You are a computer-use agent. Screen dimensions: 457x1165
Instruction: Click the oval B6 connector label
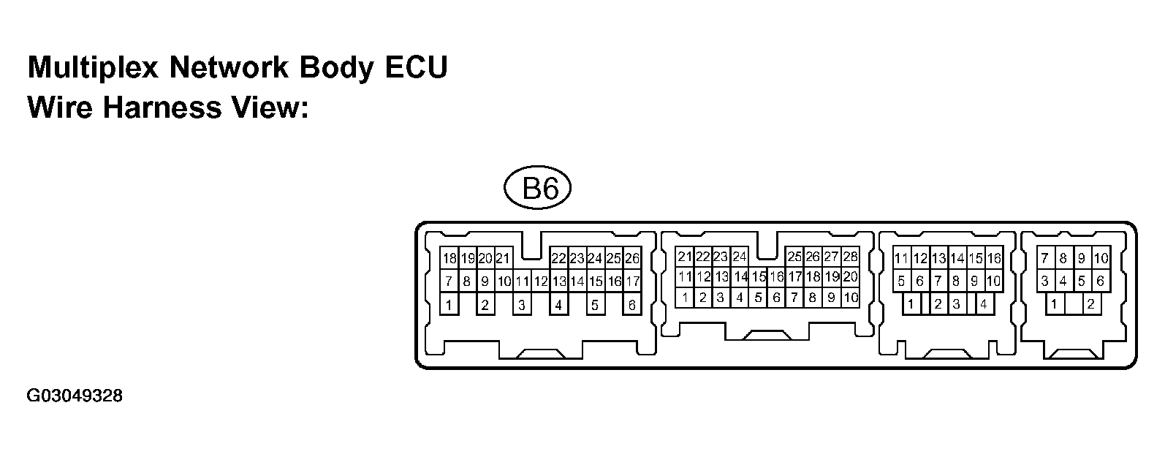537,189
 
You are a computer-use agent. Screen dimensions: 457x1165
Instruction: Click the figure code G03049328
75,396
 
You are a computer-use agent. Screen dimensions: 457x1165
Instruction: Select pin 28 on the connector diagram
850,257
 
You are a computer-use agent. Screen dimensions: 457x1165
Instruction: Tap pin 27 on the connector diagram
831,257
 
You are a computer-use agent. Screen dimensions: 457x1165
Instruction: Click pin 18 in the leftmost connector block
449,258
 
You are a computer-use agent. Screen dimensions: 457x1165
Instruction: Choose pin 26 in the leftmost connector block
632,258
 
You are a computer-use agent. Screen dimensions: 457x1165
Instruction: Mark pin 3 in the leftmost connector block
522,305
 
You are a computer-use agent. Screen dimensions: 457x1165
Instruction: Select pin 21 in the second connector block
684,257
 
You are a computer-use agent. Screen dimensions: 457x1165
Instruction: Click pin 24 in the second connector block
740,257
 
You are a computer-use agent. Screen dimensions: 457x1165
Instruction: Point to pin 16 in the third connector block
993,258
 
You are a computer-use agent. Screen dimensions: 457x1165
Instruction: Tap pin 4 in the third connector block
984,304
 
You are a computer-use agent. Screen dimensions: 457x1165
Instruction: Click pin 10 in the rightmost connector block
1101,258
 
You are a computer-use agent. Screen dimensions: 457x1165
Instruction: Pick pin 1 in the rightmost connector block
1054,304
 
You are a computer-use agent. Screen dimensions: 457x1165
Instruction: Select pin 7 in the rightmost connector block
1045,258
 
